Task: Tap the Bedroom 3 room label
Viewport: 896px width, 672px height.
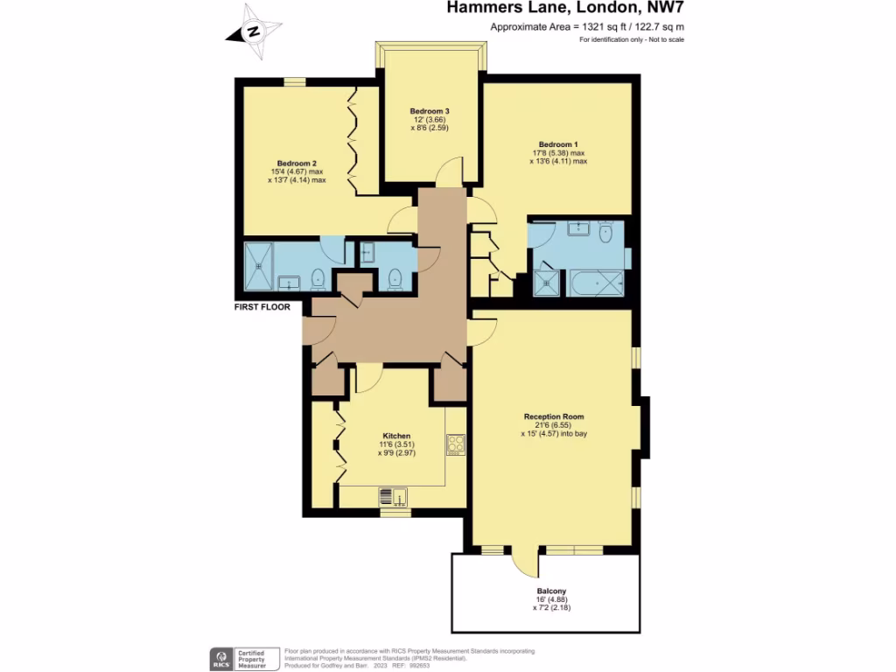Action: [x=430, y=111]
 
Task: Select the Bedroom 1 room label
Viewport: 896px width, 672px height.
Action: [x=558, y=143]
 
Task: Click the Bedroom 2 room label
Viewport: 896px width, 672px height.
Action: [x=297, y=163]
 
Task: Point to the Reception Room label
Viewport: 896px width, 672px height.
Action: [x=554, y=416]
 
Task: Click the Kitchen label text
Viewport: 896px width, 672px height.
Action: [x=396, y=436]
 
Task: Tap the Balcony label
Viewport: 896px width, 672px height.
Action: [x=551, y=591]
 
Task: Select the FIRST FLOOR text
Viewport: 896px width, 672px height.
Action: [x=262, y=307]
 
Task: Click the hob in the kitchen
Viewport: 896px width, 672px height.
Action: [x=455, y=445]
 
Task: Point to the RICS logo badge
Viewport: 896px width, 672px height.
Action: [x=221, y=658]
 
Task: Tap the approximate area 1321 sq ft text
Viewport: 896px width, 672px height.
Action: [x=587, y=27]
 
